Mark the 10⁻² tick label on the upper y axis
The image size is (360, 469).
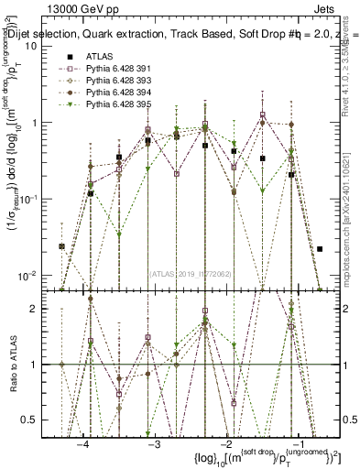pos(34,276)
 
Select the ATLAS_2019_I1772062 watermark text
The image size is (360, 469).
pos(190,272)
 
